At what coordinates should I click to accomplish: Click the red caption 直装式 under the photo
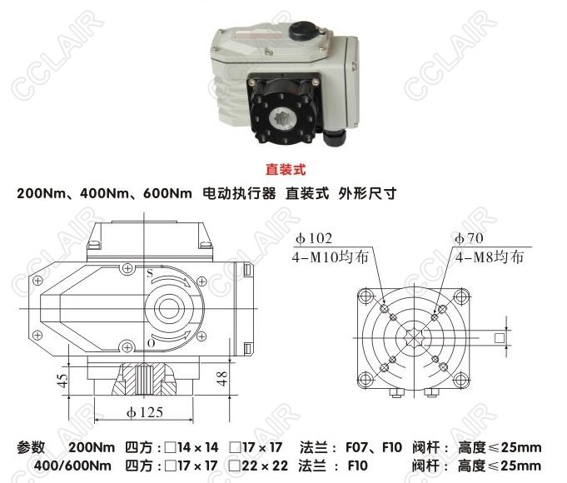point(286,169)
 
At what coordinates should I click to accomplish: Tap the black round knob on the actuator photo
point(302,30)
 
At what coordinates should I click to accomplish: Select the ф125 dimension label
point(145,412)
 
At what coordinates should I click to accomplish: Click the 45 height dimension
point(62,381)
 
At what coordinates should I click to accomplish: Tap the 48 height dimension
point(221,378)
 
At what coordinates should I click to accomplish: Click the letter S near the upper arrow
point(150,273)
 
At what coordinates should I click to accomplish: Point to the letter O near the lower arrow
point(152,342)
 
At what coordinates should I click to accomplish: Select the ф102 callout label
point(314,238)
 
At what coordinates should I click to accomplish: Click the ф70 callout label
point(469,238)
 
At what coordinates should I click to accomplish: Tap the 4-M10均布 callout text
point(330,257)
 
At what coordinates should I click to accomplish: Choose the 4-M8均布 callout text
point(490,257)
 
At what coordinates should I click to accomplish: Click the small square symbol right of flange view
point(500,338)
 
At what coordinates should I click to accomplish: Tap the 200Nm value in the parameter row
point(92,447)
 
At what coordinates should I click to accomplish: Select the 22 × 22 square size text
point(265,466)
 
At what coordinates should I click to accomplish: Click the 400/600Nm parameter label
point(72,466)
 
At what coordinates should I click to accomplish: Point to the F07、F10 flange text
point(374,447)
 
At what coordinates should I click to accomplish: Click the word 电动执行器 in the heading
point(239,193)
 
